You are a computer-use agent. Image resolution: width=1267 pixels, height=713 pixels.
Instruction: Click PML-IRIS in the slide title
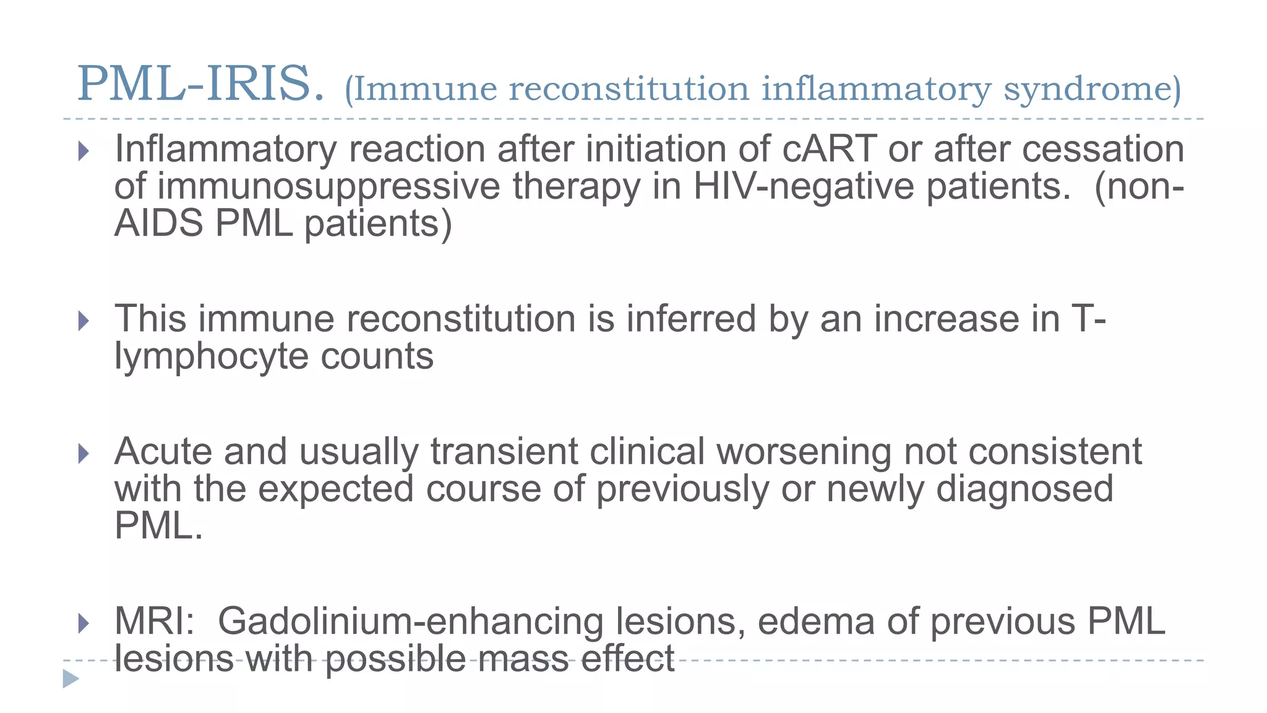click(x=200, y=84)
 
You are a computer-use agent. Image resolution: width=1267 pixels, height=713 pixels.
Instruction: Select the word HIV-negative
click(x=803, y=186)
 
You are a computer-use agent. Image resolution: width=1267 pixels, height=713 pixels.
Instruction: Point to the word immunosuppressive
click(x=329, y=186)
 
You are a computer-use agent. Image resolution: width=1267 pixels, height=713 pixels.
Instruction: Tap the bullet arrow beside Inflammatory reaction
click(x=84, y=151)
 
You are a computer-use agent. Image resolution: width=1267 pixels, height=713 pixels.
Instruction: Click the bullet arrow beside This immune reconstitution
click(x=84, y=321)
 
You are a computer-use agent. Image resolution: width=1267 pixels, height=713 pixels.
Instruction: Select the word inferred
click(x=691, y=319)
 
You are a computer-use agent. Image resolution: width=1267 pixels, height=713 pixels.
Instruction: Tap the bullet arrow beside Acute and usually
click(x=84, y=454)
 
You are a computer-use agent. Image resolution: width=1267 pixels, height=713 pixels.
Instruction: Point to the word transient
click(x=504, y=451)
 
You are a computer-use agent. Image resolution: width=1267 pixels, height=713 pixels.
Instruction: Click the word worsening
click(x=804, y=452)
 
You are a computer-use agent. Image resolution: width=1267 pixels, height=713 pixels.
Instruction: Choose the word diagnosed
click(x=1024, y=488)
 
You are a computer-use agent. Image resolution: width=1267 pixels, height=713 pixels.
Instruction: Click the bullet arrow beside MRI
click(x=84, y=623)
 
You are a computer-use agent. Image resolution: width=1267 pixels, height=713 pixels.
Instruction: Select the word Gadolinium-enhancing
click(x=410, y=622)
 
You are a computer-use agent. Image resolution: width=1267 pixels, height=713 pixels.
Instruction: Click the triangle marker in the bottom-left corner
click(x=71, y=679)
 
